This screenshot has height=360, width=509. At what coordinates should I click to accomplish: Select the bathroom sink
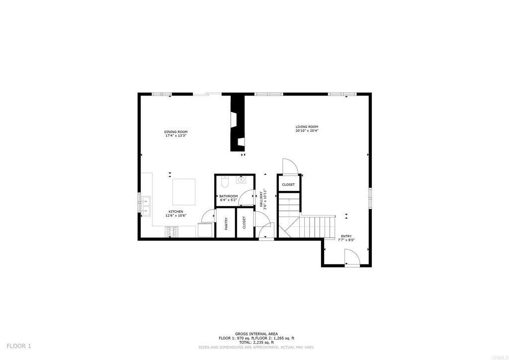coord(241,180)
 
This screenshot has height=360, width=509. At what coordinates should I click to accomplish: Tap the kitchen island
coord(184,191)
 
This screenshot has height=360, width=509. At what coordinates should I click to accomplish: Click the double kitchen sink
coord(146,205)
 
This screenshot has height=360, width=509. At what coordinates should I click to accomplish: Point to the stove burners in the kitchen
coord(172,231)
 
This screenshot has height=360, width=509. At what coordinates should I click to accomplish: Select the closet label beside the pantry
coord(244,223)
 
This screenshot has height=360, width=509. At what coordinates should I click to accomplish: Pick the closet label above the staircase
coord(288,184)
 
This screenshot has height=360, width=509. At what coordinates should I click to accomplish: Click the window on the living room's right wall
coord(370,198)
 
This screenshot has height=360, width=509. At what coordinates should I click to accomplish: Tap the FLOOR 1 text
coord(19,346)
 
